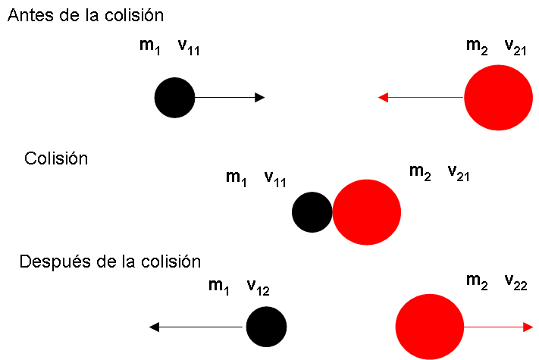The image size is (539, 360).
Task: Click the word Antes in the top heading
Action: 28,15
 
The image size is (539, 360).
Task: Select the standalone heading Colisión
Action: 56,159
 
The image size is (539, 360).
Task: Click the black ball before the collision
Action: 175,97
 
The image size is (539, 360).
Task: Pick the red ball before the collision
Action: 497,97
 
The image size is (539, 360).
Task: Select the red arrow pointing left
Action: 421,97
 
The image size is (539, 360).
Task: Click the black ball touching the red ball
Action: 312,212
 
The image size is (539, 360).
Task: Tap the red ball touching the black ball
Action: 367,212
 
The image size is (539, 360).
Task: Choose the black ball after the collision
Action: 266,327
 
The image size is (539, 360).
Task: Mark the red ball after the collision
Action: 429,327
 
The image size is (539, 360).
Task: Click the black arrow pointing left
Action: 197,327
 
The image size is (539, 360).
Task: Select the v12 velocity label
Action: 258,287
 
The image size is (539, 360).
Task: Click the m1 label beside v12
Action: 218,286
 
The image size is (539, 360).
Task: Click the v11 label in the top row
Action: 189,48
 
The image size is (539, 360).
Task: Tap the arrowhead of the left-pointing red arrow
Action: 383,97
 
